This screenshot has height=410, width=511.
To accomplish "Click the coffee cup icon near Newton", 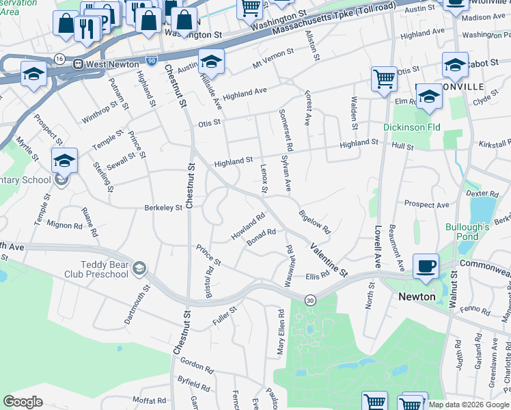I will (426, 266).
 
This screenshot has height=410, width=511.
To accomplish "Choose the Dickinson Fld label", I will (411, 127).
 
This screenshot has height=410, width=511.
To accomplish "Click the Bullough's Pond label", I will (467, 232).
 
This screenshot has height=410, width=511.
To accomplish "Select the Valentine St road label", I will (329, 260).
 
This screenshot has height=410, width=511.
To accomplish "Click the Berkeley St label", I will (163, 207).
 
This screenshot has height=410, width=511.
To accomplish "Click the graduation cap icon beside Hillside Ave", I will (212, 61).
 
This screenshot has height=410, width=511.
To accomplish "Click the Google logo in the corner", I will (23, 402).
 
